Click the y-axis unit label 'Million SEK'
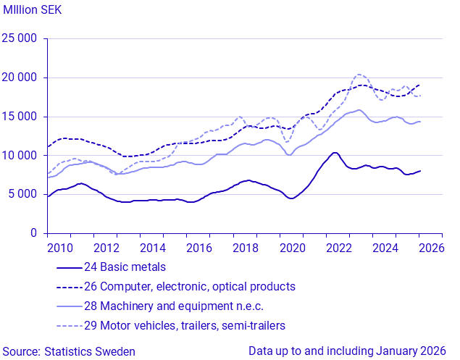(34, 9)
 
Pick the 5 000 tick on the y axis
(24, 194)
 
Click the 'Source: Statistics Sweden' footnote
(68, 351)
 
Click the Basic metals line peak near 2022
(333, 153)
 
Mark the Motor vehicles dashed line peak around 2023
(359, 75)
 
